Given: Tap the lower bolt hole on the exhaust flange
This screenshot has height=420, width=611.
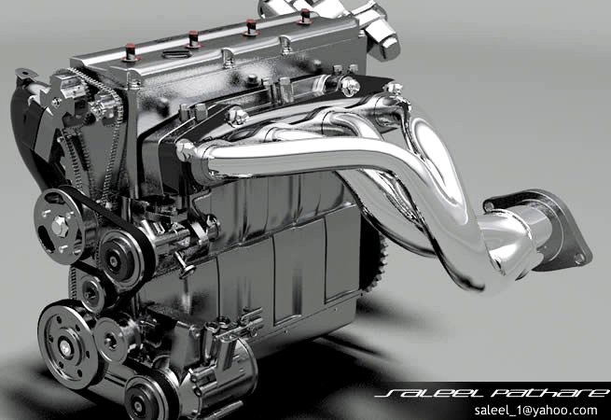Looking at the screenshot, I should pos(579,255).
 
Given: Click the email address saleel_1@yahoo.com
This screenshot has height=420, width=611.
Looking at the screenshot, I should pos(535,410).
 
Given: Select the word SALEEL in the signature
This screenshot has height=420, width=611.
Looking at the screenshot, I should pos(419,393).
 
